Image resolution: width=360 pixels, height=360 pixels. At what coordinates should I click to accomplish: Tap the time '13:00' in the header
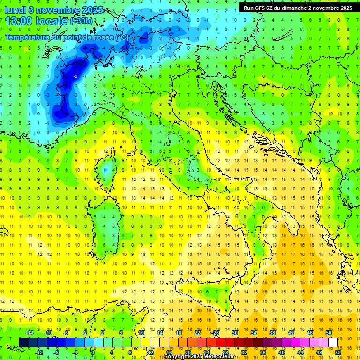click(x=21, y=21)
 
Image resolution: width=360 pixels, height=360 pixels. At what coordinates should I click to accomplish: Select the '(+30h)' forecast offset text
click(x=81, y=22)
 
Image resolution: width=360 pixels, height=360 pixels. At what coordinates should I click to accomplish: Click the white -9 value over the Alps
click(x=76, y=76)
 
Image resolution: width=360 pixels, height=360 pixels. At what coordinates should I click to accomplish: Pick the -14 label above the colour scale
click(x=29, y=333)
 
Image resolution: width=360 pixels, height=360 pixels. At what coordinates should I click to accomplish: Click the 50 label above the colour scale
click(x=329, y=333)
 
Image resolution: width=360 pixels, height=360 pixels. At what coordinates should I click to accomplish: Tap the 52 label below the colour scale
click(x=338, y=352)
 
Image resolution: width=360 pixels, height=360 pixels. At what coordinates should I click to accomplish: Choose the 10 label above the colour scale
click(x=141, y=333)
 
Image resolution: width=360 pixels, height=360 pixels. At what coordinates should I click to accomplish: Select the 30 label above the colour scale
click(x=235, y=333)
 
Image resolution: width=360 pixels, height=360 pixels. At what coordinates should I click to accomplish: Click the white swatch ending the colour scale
click(x=333, y=342)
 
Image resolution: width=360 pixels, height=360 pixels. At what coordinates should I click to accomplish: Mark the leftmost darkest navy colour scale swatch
click(x=23, y=342)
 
